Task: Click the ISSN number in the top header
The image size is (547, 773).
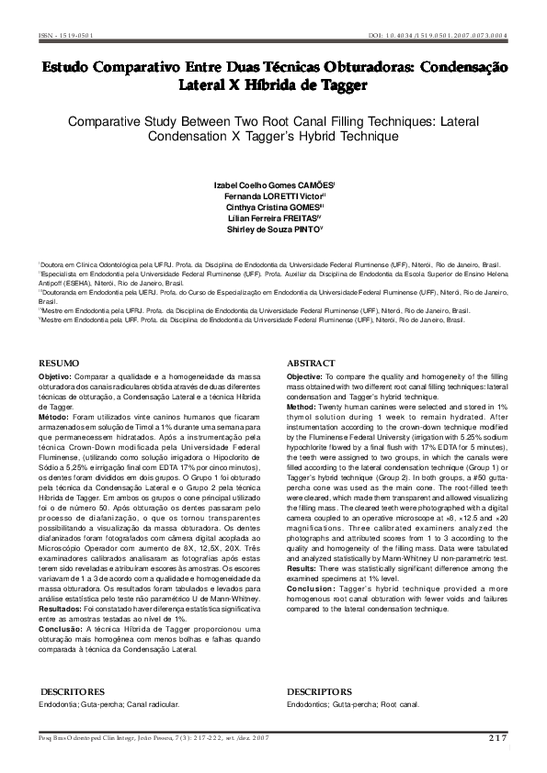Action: pyautogui.click(x=65, y=36)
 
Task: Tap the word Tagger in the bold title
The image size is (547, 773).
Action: pyautogui.click(x=336, y=86)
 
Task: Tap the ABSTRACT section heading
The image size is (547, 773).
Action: pyautogui.click(x=312, y=364)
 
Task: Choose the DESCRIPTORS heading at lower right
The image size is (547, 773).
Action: pyautogui.click(x=319, y=690)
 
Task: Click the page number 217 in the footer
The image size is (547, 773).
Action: pyautogui.click(x=497, y=737)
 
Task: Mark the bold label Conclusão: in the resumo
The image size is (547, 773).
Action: pyautogui.click(x=61, y=628)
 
